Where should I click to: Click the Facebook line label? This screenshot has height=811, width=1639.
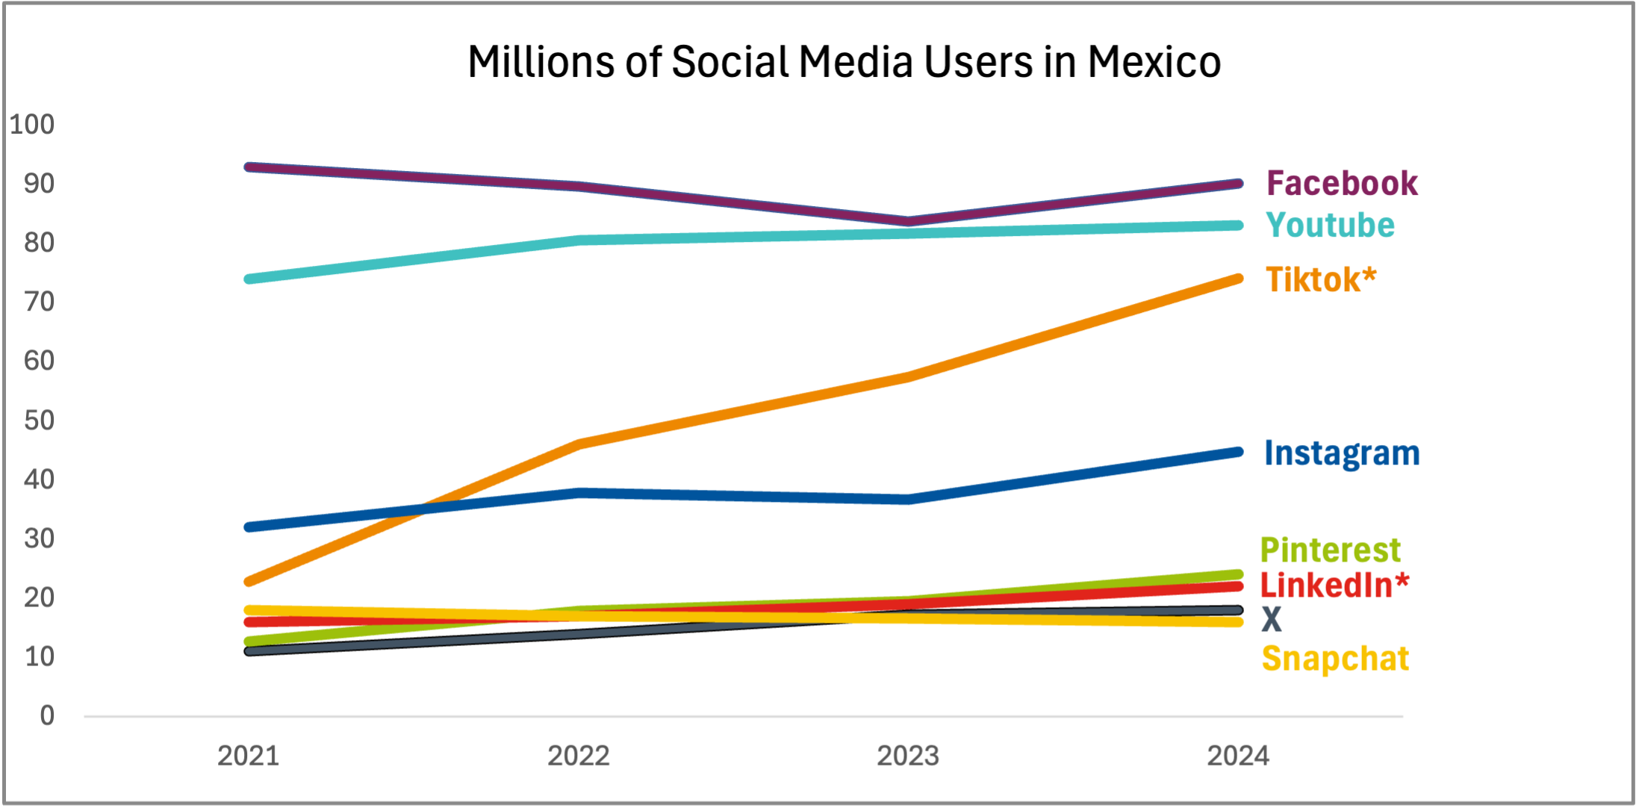click(1342, 184)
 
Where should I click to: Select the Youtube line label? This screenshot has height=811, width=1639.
click(1330, 226)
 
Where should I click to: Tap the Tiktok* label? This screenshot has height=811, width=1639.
click(1321, 280)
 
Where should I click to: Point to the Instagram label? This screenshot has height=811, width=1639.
click(1342, 453)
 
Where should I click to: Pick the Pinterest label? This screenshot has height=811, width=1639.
click(1330, 550)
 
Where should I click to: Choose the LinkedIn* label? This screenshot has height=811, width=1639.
click(1334, 585)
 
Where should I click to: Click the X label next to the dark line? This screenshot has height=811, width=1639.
click(1272, 620)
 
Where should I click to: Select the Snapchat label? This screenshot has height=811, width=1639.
click(1335, 659)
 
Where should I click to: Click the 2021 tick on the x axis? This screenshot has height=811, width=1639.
click(248, 756)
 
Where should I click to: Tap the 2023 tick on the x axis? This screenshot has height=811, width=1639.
click(908, 756)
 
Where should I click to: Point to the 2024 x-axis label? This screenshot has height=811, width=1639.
click(1238, 756)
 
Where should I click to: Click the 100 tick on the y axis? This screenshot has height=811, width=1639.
click(32, 124)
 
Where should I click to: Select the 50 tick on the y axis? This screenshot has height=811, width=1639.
click(39, 420)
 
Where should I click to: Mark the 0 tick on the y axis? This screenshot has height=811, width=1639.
click(47, 715)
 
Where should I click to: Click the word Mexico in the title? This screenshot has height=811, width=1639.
click(1154, 61)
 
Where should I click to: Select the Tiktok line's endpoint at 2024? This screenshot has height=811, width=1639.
click(1238, 279)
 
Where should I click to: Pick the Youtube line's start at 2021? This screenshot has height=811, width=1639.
click(249, 279)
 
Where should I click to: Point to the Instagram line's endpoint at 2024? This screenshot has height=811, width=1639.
click(1238, 452)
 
